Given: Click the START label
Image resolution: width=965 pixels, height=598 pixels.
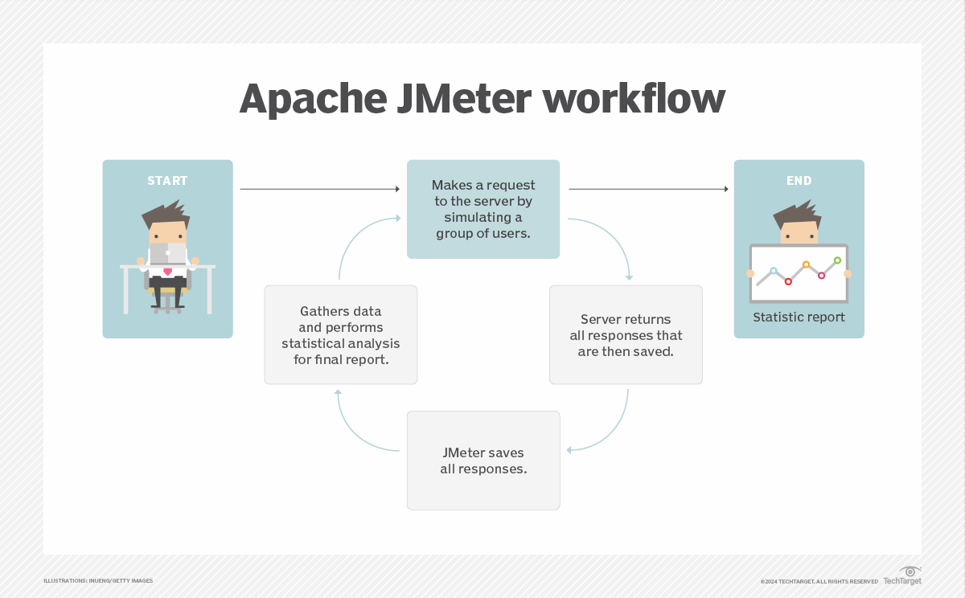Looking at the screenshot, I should [x=167, y=181].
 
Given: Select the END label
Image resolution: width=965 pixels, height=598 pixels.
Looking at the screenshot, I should [x=799, y=181].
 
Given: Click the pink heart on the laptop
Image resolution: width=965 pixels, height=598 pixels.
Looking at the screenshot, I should [x=167, y=272].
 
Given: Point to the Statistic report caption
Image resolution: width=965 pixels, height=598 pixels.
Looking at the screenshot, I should [x=799, y=317].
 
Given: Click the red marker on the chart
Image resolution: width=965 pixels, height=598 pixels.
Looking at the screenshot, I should [x=788, y=281].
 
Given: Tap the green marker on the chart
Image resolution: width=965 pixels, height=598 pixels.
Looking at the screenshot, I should [x=837, y=260].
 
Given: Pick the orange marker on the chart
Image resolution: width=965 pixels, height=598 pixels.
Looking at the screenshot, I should [x=806, y=264].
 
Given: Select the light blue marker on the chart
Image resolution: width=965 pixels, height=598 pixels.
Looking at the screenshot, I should [x=774, y=271].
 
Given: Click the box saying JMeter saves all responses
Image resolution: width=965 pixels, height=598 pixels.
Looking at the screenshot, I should [x=483, y=461].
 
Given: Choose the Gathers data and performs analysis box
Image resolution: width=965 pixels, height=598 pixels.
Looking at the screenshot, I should [x=341, y=334].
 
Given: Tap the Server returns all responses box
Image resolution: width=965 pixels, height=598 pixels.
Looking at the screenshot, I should [x=626, y=334].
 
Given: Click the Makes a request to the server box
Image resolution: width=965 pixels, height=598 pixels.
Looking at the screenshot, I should [x=483, y=209].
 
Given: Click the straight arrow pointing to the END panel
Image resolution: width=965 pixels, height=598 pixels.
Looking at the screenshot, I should [x=648, y=190].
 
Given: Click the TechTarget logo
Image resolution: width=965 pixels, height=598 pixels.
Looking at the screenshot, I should [x=902, y=576].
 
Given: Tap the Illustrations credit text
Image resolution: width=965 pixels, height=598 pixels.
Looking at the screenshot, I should [x=98, y=580].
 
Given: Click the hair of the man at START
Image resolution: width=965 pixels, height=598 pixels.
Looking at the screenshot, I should [x=165, y=213].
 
